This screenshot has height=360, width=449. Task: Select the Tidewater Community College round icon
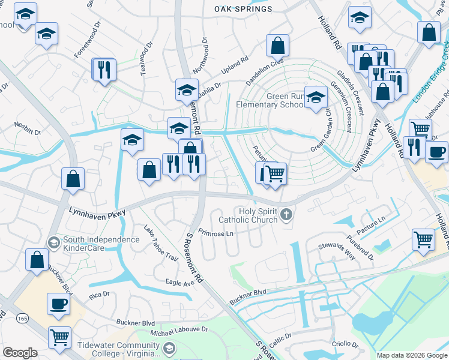169,348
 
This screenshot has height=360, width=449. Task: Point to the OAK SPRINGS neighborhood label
243,10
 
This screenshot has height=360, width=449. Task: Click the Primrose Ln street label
215,233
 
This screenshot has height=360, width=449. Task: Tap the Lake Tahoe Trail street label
161,243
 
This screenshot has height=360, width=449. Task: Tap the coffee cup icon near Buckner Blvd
58,304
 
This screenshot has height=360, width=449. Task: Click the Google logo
20,353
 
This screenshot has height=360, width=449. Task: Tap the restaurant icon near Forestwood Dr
103,69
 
